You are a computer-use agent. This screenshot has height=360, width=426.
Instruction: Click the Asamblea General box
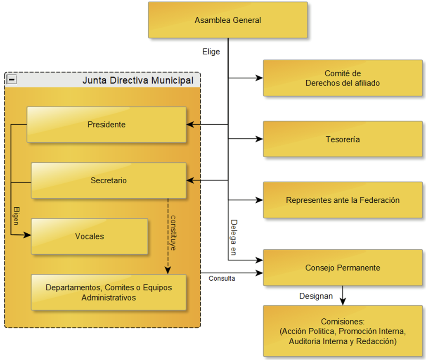tap(227, 20)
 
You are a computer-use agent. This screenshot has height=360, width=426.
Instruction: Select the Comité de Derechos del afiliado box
tap(343, 78)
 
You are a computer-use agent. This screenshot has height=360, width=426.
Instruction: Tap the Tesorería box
tap(343, 139)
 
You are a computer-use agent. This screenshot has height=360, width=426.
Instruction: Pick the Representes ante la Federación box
tap(343, 200)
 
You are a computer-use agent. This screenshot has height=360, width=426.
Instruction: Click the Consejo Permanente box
tap(343, 268)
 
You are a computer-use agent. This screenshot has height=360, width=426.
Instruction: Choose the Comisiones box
tap(343, 331)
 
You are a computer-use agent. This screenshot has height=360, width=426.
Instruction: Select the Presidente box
tap(106, 124)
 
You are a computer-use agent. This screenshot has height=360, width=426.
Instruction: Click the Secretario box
tap(109, 180)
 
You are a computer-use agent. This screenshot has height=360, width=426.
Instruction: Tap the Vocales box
tap(89, 237)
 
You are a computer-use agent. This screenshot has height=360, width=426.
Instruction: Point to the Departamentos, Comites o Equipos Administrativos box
tap(109, 292)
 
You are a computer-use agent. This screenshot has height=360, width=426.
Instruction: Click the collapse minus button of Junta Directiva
tap(12, 80)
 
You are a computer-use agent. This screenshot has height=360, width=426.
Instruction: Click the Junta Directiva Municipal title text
tap(138, 80)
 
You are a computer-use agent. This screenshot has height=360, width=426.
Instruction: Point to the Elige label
tap(211, 52)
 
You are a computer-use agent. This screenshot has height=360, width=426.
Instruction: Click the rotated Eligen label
tap(16, 216)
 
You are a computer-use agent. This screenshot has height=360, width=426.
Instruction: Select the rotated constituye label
tap(174, 233)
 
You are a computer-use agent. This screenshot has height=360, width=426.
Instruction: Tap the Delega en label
tap(233, 237)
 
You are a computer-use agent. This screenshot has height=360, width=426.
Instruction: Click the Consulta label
tap(222, 278)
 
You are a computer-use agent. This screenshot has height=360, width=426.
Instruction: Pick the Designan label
tap(316, 296)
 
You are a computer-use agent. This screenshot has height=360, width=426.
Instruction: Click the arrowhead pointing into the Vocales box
tap(28, 235)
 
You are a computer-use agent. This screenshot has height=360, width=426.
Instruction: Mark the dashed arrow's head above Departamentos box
tap(168, 270)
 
